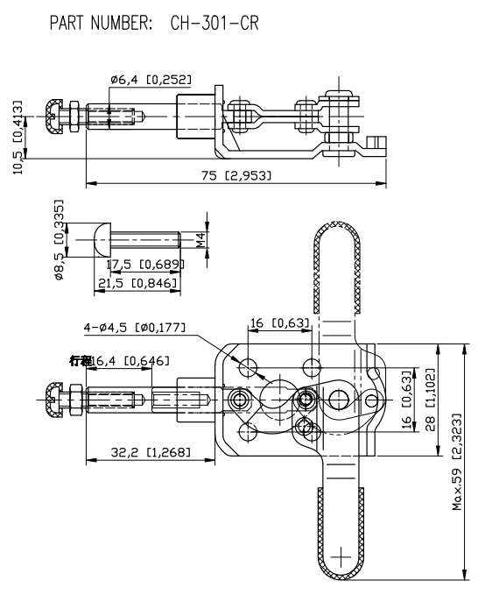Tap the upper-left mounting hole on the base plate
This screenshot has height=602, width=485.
[x=250, y=365]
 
